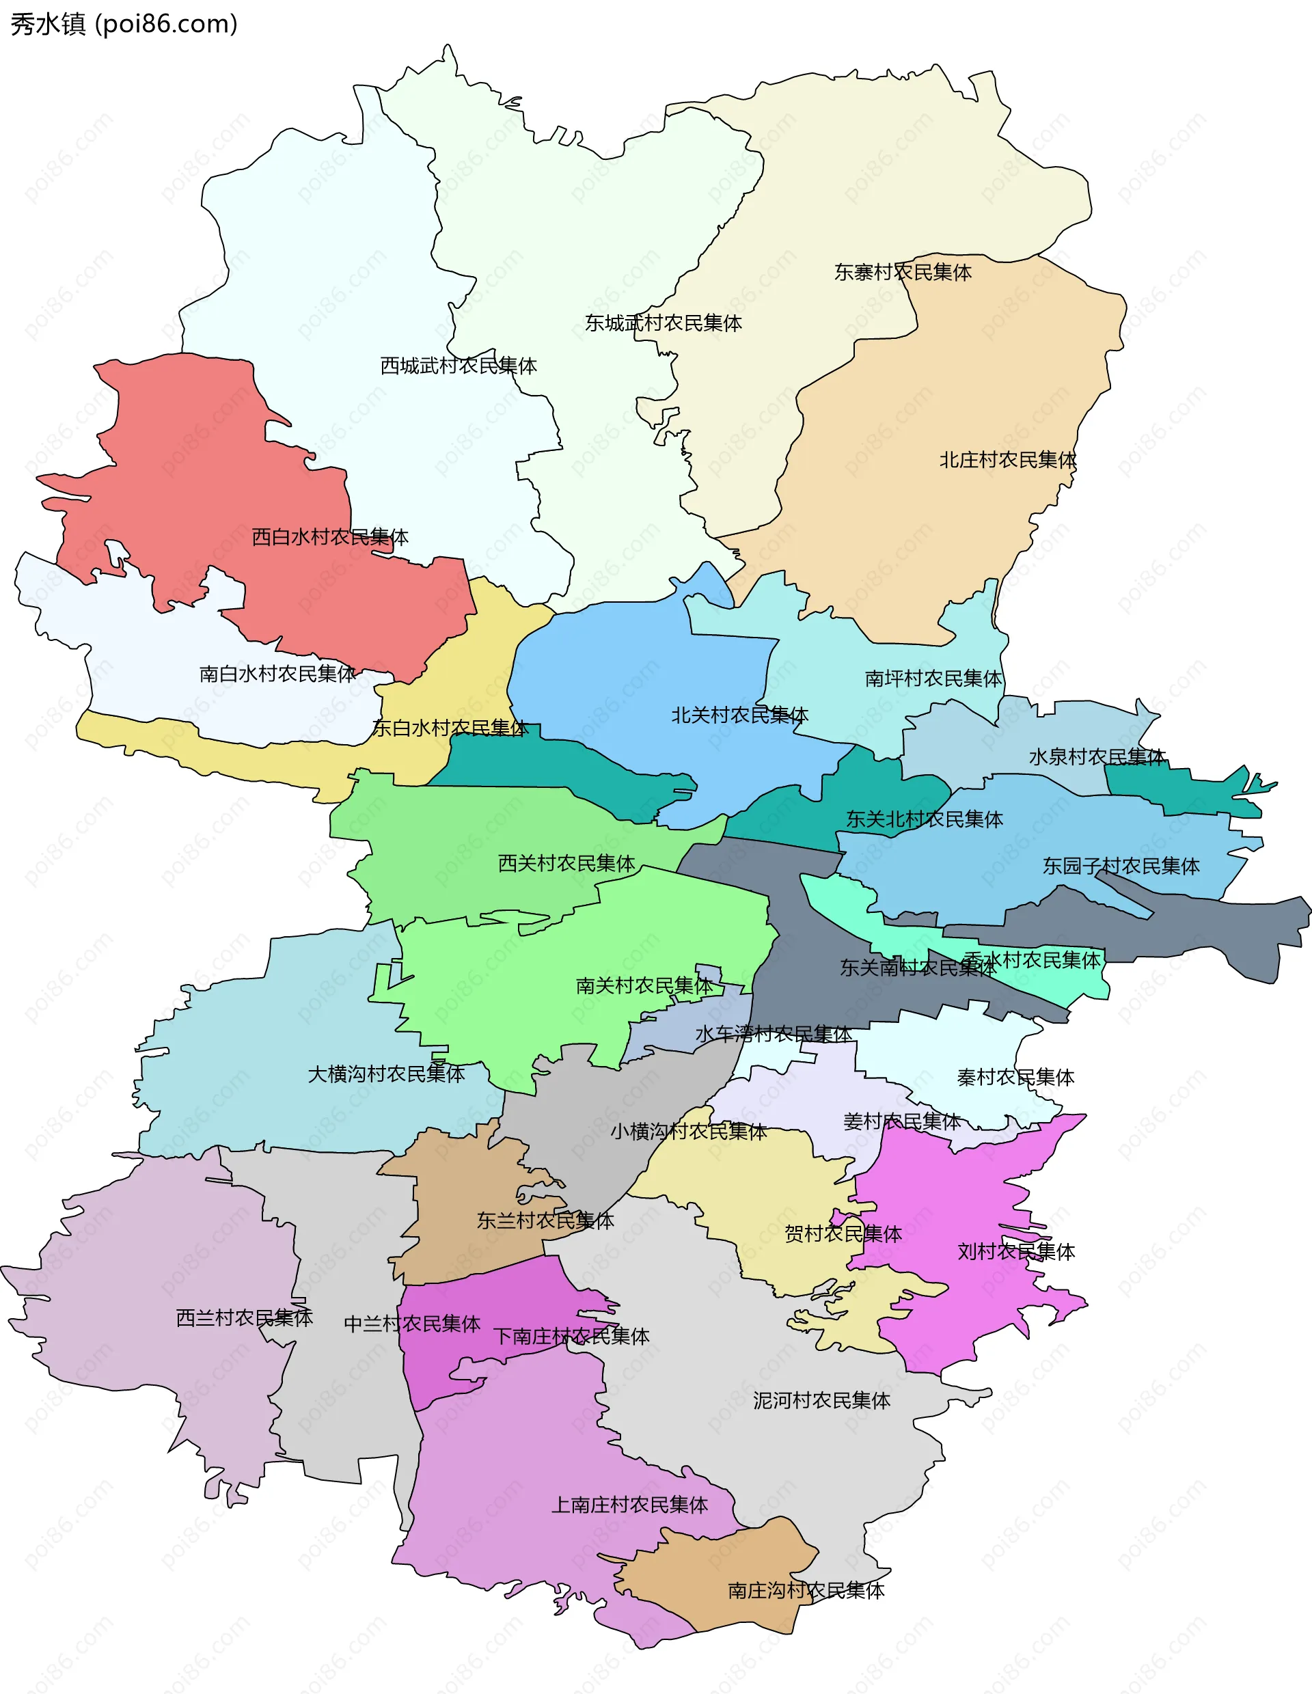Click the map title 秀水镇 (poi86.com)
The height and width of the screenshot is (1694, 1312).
(x=124, y=24)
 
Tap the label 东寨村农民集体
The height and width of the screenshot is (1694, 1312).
(x=902, y=272)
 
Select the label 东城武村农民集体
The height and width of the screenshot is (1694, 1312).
(x=663, y=323)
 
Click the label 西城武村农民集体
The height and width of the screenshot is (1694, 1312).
(x=459, y=366)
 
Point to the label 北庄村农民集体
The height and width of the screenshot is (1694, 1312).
(x=1007, y=460)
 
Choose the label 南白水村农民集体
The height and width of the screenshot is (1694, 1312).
(x=277, y=673)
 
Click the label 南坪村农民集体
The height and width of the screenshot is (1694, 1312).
(x=933, y=679)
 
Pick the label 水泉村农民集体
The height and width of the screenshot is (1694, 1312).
(x=1097, y=757)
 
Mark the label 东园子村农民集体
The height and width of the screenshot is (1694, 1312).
(x=1121, y=866)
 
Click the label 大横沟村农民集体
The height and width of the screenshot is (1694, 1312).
(x=386, y=1074)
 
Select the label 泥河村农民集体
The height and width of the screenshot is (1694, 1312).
(x=821, y=1401)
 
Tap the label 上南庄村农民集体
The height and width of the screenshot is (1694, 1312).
(x=629, y=1505)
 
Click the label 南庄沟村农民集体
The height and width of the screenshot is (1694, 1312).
(x=806, y=1591)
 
